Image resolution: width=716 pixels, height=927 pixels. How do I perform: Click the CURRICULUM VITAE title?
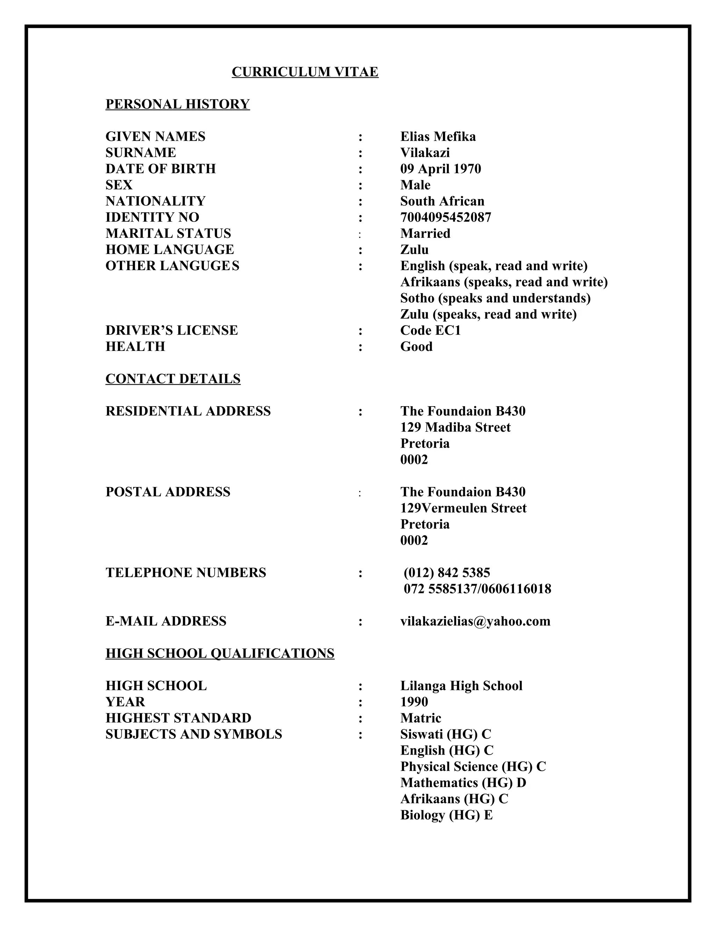pos(305,72)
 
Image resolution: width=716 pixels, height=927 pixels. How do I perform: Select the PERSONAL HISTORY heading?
pos(177,104)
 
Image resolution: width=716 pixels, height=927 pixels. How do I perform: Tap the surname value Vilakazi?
pos(425,153)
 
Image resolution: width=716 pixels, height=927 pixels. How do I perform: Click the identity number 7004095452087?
pos(446,217)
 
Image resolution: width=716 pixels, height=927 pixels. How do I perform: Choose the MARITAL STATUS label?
pos(168,233)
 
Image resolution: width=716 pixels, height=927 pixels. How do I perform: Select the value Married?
pos(425,233)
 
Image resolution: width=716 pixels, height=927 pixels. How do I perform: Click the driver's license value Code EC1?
pos(430,330)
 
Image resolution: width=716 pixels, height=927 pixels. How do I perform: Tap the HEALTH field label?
pos(135,346)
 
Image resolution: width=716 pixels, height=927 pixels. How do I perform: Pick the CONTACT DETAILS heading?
pos(173,378)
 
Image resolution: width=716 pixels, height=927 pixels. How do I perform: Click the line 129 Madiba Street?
pos(456,427)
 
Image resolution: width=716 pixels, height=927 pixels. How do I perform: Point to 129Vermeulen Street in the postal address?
pos(463,508)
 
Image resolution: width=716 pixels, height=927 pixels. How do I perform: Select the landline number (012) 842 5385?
pos(447,573)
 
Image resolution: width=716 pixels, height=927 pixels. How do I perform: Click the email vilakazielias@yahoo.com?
pos(475,621)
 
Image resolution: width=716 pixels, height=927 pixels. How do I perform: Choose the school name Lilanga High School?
pos(461,686)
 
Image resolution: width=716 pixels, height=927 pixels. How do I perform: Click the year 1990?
pos(414,702)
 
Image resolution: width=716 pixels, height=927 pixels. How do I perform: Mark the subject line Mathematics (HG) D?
pos(463,783)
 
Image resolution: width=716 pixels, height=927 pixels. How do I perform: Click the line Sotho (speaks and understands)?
pos(495,298)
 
